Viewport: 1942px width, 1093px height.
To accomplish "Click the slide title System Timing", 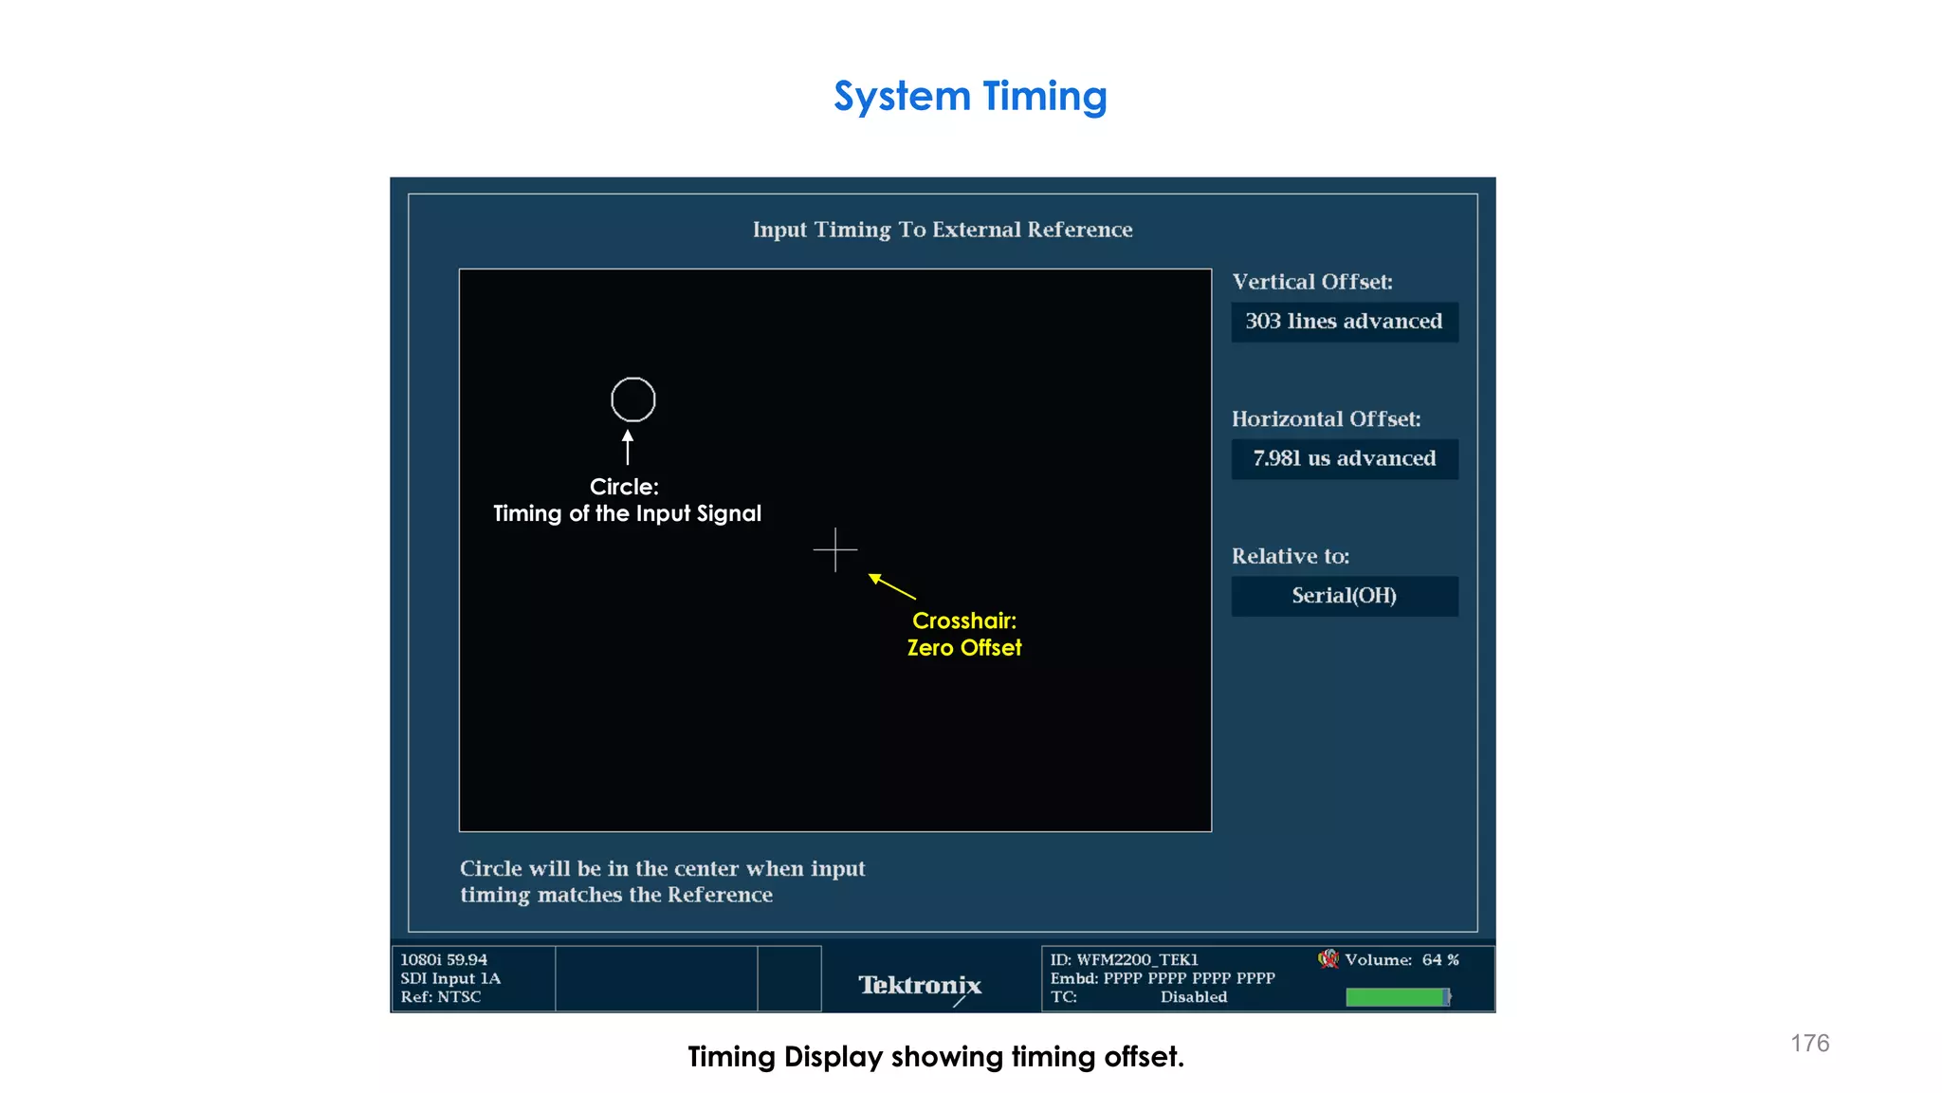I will (x=970, y=97).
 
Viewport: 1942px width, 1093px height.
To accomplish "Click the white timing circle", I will (x=632, y=399).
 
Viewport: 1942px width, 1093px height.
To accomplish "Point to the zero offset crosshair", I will (x=834, y=549).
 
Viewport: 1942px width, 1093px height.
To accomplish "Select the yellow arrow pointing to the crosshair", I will (x=892, y=586).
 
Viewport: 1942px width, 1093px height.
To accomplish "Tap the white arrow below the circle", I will (x=627, y=447).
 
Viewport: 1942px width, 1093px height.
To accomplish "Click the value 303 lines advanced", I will (x=1344, y=322).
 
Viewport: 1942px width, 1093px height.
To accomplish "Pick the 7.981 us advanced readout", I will (x=1344, y=459).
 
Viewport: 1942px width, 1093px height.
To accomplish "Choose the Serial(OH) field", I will (x=1344, y=596).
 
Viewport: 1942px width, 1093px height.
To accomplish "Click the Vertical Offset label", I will (x=1311, y=282).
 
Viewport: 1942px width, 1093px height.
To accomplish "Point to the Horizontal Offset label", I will (x=1326, y=419).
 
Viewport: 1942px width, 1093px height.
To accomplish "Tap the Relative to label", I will (x=1290, y=556).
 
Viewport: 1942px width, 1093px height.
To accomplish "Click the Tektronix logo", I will (x=920, y=986).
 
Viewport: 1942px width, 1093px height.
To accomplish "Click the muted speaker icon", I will (x=1328, y=959).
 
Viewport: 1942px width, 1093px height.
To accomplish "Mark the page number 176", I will (x=1809, y=1044).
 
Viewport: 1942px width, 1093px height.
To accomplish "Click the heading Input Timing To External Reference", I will (x=943, y=230).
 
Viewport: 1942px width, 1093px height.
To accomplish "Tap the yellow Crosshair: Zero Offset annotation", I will (x=963, y=635).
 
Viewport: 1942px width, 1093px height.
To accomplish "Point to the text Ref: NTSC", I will (x=440, y=997).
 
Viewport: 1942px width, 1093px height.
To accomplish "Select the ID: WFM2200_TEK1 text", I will (x=1124, y=960).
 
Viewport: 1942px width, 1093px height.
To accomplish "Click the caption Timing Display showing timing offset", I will (x=936, y=1057).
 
